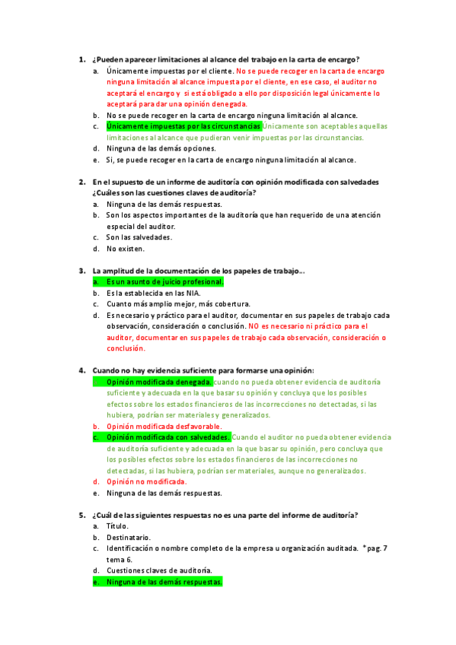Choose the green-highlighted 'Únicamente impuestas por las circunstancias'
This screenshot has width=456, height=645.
coord(184,126)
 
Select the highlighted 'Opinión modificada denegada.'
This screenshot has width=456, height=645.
coord(158,381)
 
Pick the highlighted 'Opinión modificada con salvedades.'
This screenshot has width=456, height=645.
coord(168,437)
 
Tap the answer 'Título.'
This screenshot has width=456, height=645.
coord(117,526)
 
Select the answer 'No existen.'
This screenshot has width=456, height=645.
coord(125,248)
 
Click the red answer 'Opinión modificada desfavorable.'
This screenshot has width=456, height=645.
coord(164,427)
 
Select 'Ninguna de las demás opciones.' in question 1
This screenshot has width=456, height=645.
coord(161,148)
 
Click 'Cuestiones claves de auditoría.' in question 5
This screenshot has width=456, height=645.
coord(159,570)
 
